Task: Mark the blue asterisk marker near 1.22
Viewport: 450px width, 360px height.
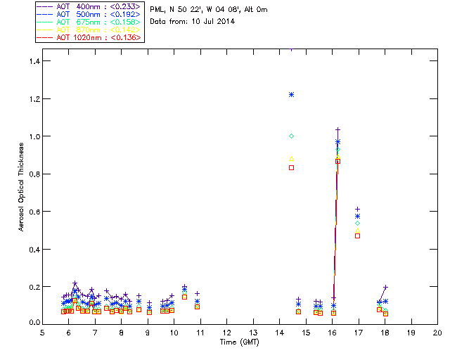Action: coord(291,94)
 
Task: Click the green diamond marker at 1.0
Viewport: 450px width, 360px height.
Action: coord(291,136)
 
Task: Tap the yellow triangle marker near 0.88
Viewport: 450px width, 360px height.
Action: coord(291,158)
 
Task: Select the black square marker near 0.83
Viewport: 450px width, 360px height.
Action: coord(291,167)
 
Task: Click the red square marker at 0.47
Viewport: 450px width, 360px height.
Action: coord(358,236)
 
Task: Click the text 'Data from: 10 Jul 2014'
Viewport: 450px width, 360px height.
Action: coord(192,22)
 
